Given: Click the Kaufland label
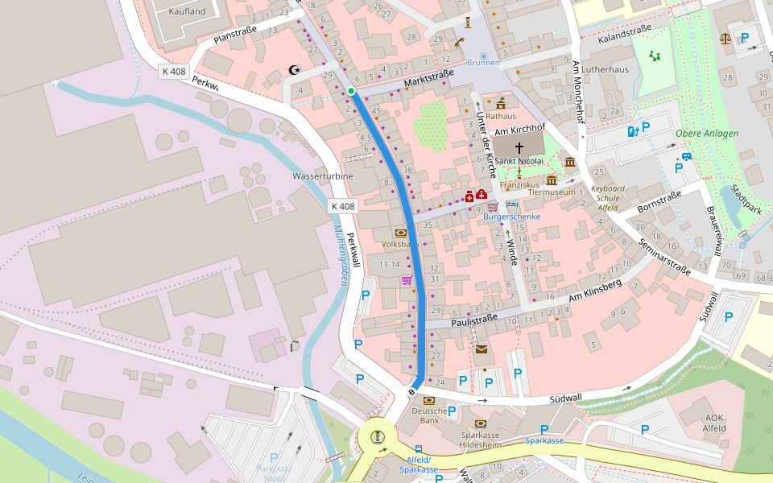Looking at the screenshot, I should (188, 12).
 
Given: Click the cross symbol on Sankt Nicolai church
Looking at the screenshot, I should (519, 147).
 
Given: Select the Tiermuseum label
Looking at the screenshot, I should (552, 192).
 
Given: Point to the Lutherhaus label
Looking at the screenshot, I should (605, 70).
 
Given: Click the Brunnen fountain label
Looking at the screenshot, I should (483, 63).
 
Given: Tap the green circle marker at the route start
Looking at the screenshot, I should (351, 91).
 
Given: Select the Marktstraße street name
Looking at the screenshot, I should (429, 77).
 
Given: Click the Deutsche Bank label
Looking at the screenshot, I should (429, 415).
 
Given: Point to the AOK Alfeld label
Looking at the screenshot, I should (715, 423).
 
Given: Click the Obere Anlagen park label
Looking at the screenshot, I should (706, 134).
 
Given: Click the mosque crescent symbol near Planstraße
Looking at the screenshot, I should (294, 70).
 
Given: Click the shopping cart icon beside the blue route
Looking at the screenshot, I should (407, 280).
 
